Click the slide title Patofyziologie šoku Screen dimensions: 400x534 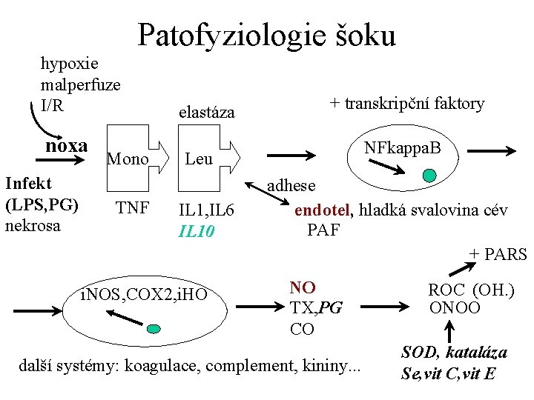pyautogui.click(x=267, y=35)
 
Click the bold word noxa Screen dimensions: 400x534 pyautogui.click(x=67, y=145)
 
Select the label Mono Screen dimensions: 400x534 pyautogui.click(x=128, y=159)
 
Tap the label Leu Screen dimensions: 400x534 pyautogui.click(x=198, y=159)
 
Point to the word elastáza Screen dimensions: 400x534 pyautogui.click(x=207, y=113)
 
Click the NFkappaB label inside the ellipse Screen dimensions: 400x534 pyautogui.click(x=402, y=149)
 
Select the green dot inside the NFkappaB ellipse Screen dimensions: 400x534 pyautogui.click(x=429, y=176)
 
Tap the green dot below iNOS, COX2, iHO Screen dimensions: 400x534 pyautogui.click(x=154, y=329)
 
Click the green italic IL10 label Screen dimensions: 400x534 pyautogui.click(x=197, y=231)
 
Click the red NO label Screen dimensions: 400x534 pyautogui.click(x=303, y=287)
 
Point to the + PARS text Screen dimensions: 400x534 pyautogui.click(x=497, y=255)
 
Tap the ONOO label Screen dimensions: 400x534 pyautogui.click(x=454, y=307)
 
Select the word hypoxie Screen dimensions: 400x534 pyautogui.click(x=70, y=64)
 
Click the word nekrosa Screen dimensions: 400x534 pyautogui.click(x=33, y=224)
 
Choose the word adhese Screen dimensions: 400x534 pyautogui.click(x=291, y=186)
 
